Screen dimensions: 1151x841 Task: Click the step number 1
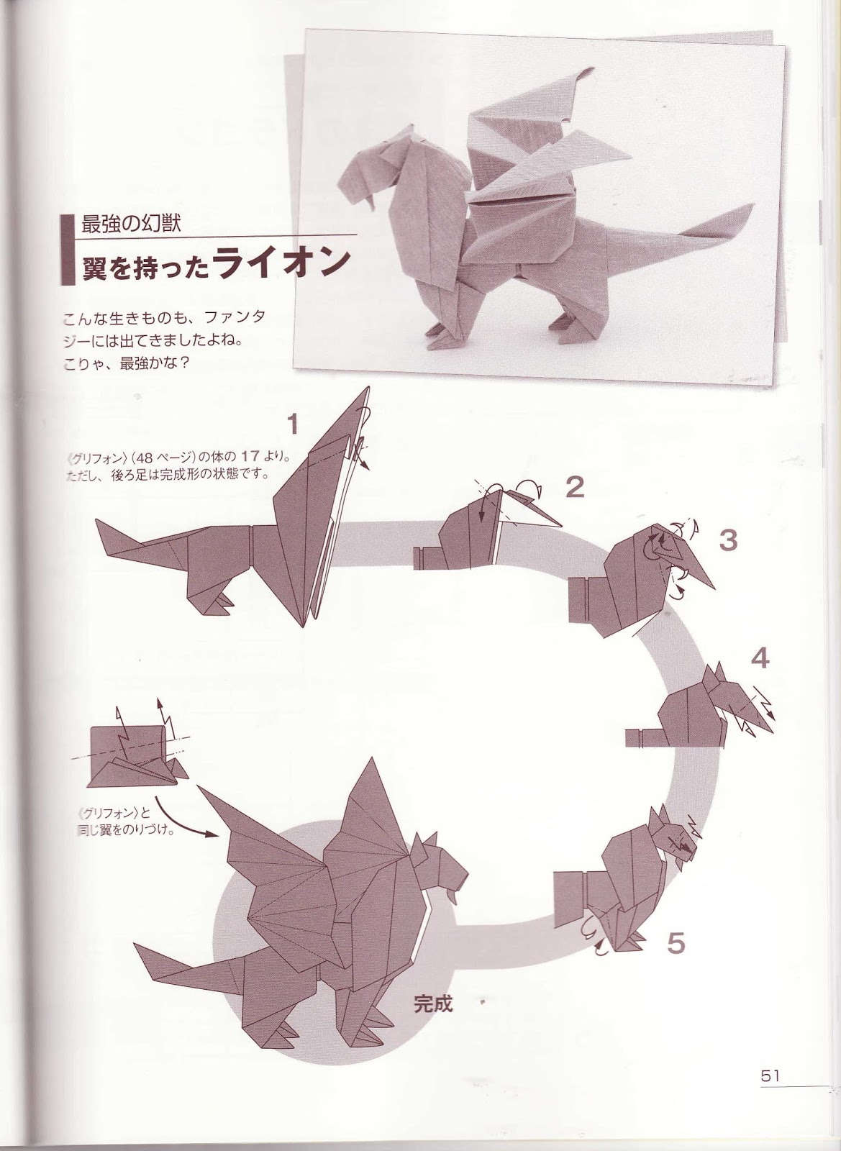tap(292, 425)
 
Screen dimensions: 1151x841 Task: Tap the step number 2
tap(573, 488)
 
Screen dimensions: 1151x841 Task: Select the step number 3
tap(728, 540)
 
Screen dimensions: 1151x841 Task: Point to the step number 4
tap(760, 659)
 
